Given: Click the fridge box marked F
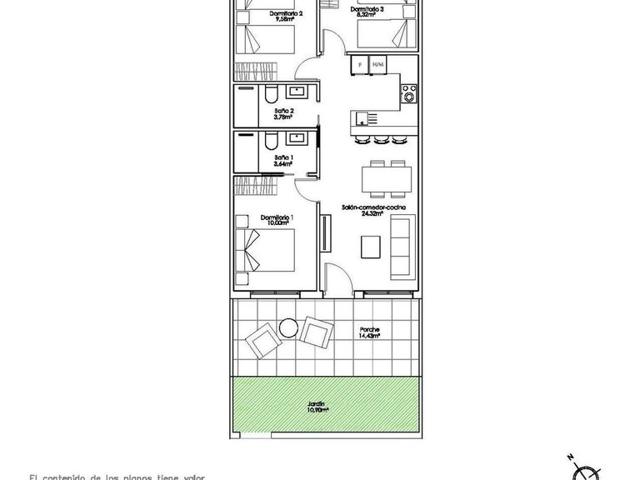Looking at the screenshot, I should point(360,64).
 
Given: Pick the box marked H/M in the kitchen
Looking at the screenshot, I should point(378,64).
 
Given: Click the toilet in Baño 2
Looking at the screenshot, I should point(273,92).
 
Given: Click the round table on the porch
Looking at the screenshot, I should point(287,328).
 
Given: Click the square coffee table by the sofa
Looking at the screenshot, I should point(371,246).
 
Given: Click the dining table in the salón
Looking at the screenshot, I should point(386,178).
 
